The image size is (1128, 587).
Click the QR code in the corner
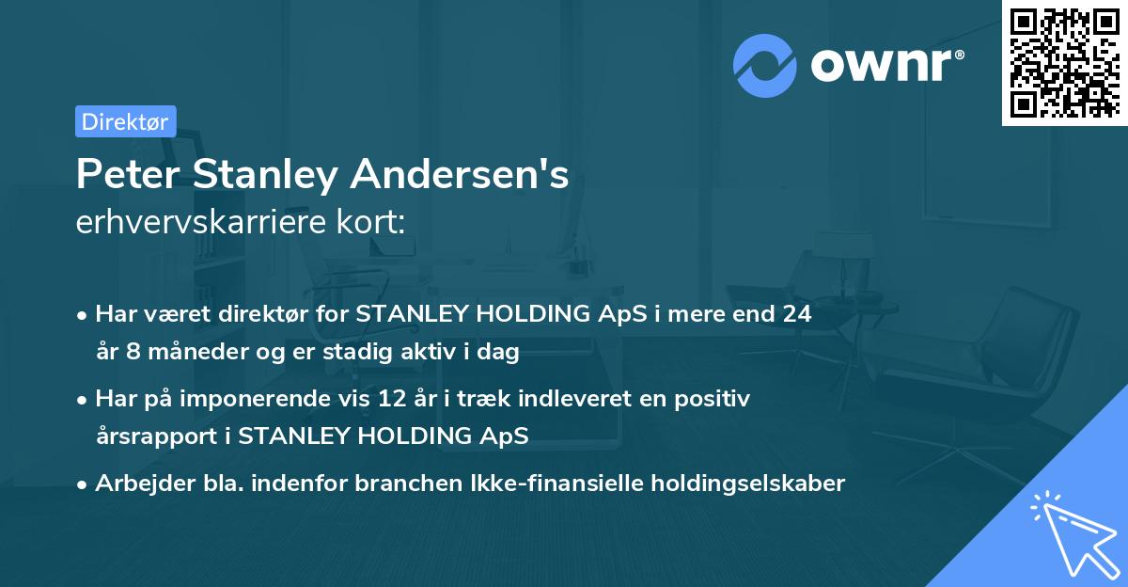click(1064, 63)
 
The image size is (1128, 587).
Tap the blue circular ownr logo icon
click(764, 66)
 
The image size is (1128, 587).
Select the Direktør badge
click(125, 121)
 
